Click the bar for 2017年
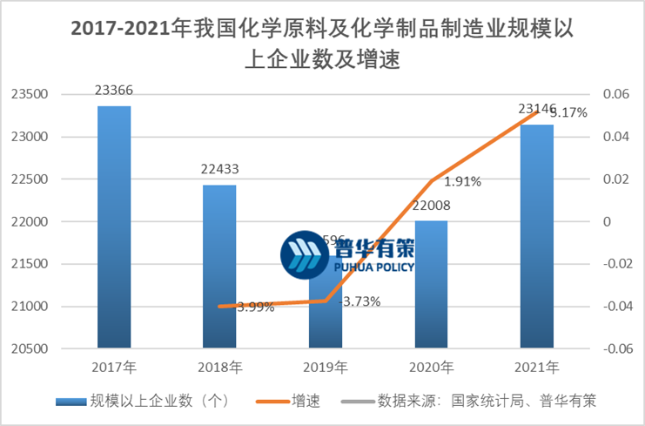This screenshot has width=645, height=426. point(114,227)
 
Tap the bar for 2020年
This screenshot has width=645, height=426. point(431,284)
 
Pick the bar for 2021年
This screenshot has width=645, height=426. point(536,235)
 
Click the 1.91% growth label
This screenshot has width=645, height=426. point(462,182)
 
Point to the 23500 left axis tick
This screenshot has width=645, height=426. point(36,94)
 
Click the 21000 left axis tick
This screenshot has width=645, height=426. point(36,307)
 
